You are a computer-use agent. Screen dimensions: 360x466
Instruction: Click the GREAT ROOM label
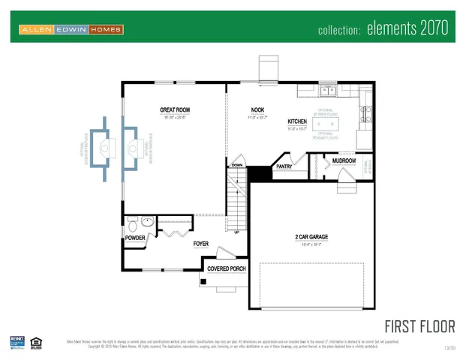[x=174, y=109]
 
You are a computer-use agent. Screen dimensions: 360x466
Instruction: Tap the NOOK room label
[x=257, y=109]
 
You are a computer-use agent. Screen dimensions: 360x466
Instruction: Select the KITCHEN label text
[x=297, y=121]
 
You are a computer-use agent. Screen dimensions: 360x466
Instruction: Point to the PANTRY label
[x=284, y=166]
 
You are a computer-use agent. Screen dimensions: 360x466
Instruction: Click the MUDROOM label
[x=344, y=160]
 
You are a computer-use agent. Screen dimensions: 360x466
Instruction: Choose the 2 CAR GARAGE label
[x=311, y=237]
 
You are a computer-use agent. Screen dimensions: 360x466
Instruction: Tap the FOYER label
[x=200, y=244]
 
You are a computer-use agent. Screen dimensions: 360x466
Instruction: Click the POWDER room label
[x=135, y=238]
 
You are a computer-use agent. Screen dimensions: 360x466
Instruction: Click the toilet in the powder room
[x=132, y=223]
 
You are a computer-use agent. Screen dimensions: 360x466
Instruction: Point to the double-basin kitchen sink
[x=328, y=91]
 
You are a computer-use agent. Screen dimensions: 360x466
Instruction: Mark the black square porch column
[x=203, y=282]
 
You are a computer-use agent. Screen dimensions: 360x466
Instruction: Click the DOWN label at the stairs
[x=237, y=164]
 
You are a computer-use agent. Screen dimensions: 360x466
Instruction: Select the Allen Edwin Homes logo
[x=71, y=29]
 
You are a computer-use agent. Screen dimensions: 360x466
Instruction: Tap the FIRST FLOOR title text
[x=419, y=326]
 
